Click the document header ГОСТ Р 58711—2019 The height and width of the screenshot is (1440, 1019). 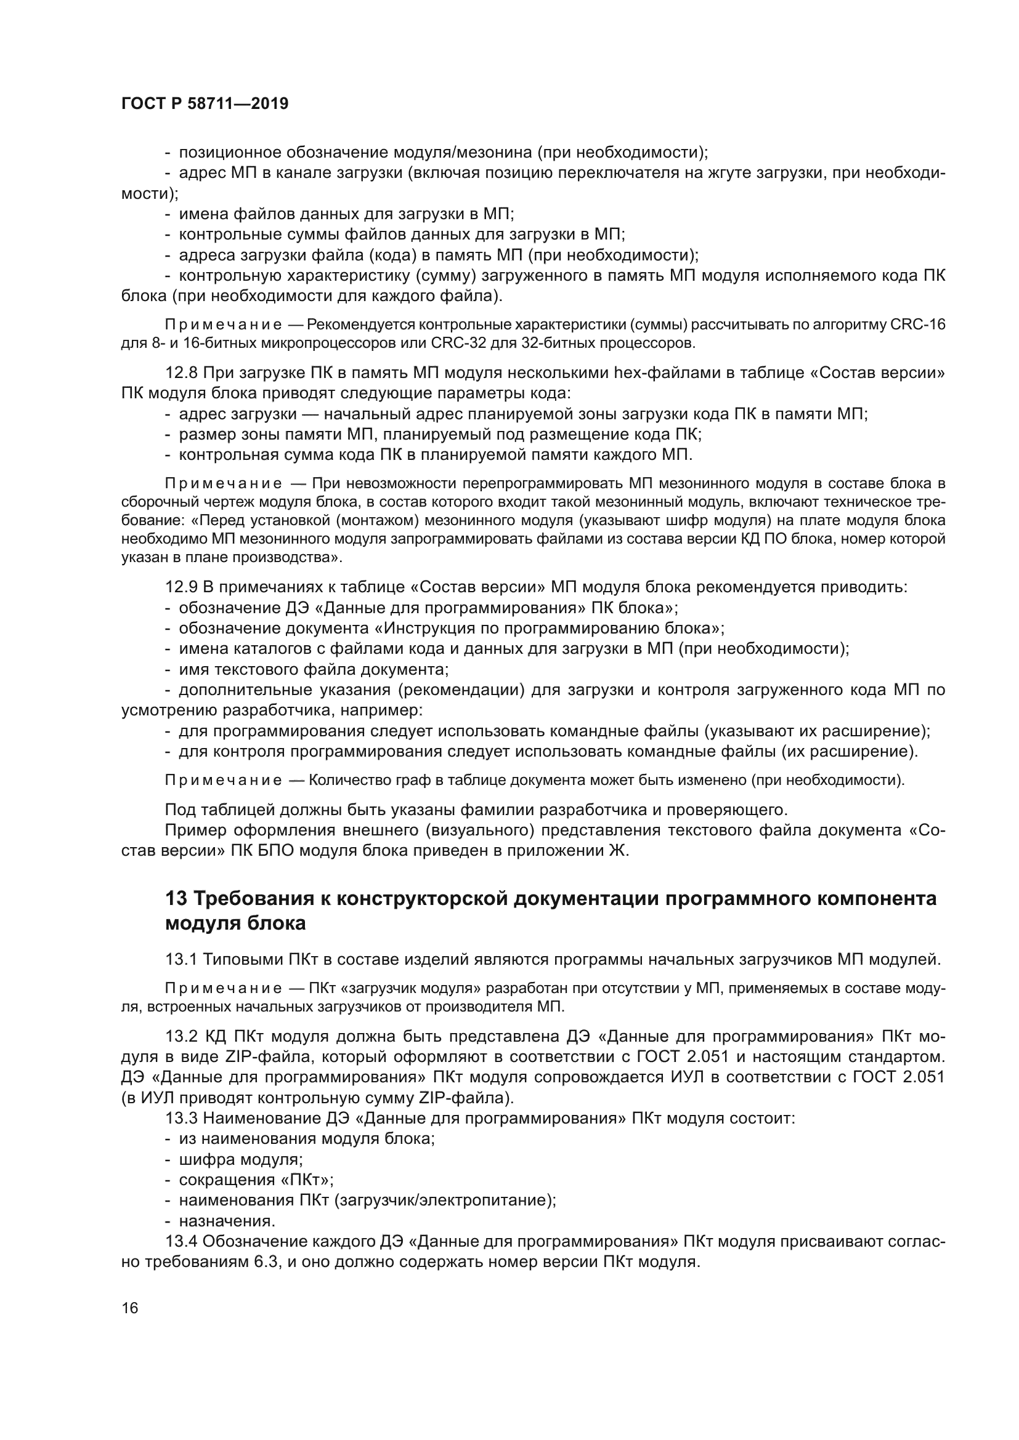(x=205, y=104)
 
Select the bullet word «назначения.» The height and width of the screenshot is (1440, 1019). (x=227, y=1221)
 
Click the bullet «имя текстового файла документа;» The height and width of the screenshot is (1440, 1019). (x=314, y=669)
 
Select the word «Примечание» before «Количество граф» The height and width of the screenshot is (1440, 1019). (x=223, y=780)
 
